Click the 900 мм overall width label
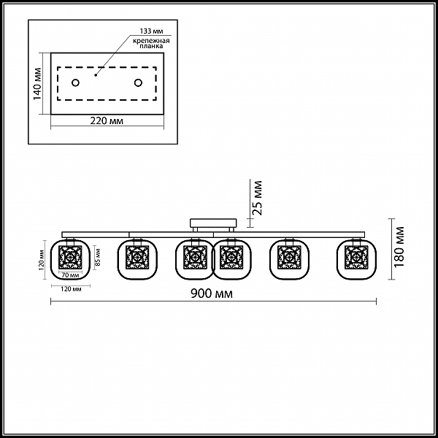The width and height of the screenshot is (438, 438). coord(212,293)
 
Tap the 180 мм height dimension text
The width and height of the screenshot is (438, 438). coord(399,247)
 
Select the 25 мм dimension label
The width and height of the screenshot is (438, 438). coord(257,198)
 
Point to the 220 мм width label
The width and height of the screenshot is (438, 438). coord(107,120)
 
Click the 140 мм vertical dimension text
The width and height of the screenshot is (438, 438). coord(37,84)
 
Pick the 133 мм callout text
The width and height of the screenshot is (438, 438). coord(151,31)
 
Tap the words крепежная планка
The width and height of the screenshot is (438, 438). coord(151,43)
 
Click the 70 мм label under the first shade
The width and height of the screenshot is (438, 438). coord(70,275)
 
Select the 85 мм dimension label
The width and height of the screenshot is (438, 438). coord(99,258)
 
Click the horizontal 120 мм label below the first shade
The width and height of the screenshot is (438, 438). coord(71,289)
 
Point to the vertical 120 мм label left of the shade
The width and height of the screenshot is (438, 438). coord(42,260)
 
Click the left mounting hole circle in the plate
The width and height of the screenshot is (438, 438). coord(75,82)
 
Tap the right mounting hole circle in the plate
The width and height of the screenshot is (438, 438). coord(138,82)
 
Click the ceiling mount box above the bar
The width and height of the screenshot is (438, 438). coord(213,223)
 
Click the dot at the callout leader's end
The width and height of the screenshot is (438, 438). coord(96,75)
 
